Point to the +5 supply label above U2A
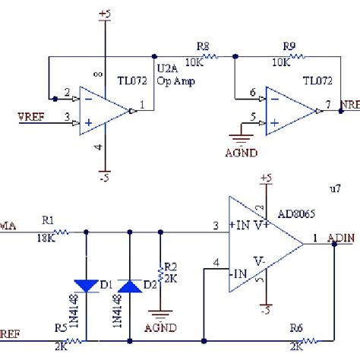pyautogui.click(x=105, y=14)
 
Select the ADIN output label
pyautogui.click(x=340, y=238)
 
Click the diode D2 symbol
pyautogui.click(x=131, y=285)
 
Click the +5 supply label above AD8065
pyautogui.click(x=266, y=178)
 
